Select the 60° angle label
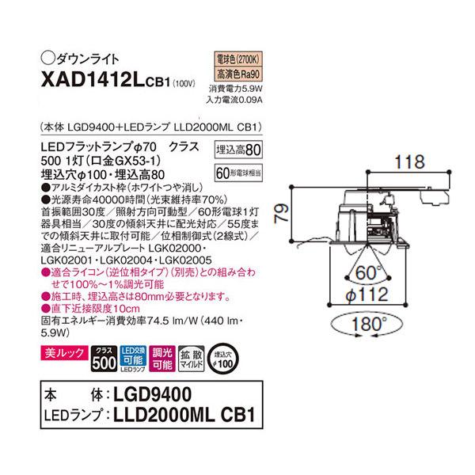pyautogui.click(x=366, y=274)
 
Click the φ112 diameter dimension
pyautogui.click(x=366, y=296)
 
